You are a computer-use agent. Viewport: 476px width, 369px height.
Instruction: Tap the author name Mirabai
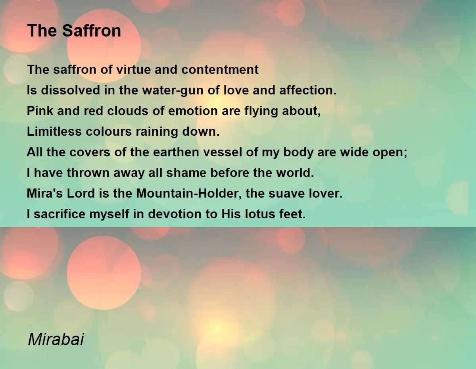pos(56,340)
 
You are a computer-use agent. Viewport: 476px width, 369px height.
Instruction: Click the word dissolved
pos(66,90)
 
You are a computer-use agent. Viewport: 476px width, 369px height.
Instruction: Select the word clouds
pos(127,111)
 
